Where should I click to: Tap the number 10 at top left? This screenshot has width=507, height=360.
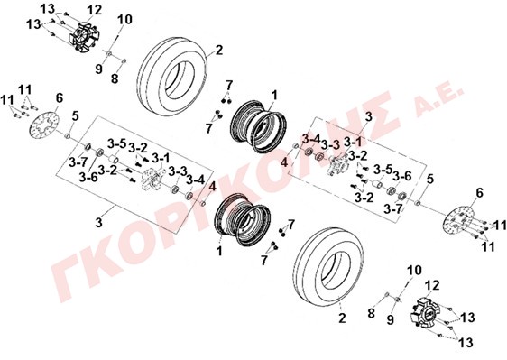(x=124, y=20)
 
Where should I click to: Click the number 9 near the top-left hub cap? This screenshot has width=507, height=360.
(x=99, y=69)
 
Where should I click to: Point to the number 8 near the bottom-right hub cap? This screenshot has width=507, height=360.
(x=371, y=313)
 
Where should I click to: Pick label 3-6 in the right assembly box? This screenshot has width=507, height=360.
(x=402, y=176)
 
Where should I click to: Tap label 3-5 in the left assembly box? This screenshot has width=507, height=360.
(x=116, y=144)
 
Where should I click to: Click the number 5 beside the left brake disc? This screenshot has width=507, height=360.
(x=75, y=116)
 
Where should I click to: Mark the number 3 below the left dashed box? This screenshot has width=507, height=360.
(x=99, y=223)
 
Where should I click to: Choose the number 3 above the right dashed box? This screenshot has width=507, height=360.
(x=369, y=117)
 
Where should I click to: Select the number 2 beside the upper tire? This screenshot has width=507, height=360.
(x=219, y=51)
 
